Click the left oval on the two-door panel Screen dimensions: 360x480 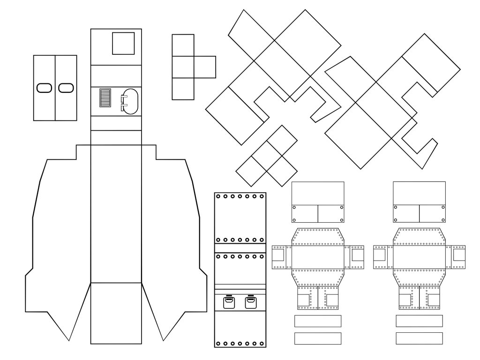[44, 88]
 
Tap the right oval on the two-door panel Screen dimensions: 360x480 [66, 88]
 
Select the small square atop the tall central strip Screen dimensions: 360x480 [123, 43]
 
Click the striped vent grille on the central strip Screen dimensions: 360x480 [105, 98]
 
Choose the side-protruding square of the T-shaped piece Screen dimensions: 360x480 [205, 67]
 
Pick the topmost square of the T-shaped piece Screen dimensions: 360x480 [183, 45]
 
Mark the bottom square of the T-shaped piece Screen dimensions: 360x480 [183, 89]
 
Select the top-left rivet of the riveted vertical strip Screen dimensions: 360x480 [218, 197]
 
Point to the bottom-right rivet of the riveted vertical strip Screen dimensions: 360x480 [262, 343]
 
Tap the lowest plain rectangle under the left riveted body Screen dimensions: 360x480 [318, 338]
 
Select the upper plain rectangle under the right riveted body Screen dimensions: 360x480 [419, 321]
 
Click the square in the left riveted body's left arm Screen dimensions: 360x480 [278, 255]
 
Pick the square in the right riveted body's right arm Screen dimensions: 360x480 [459, 255]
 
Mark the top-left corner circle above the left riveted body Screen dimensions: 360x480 [294, 207]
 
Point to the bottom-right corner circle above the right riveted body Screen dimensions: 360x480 [443, 219]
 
